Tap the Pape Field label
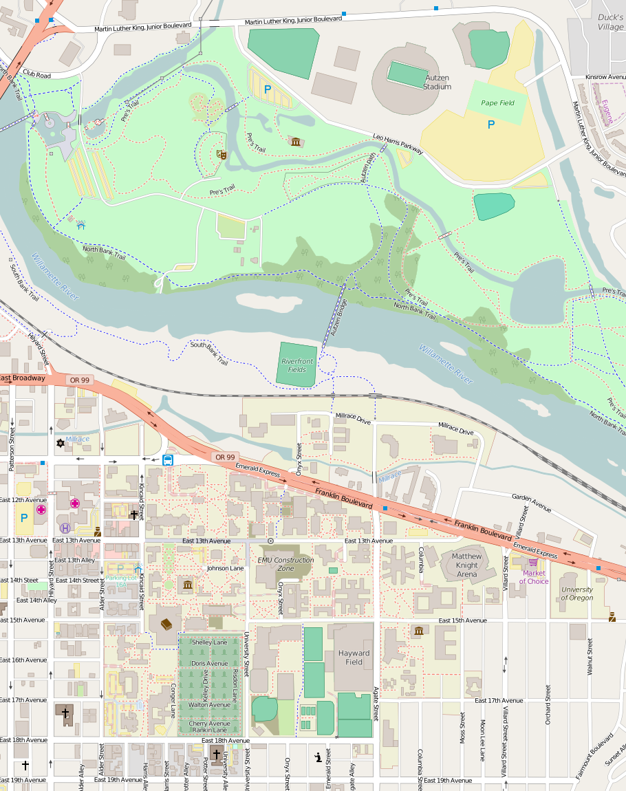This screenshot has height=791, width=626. point(497,103)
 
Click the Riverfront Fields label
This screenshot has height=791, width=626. point(297,365)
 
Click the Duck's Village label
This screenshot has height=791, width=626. point(610,22)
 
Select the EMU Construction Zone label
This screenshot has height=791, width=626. point(285,564)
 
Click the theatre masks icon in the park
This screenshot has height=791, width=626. point(221,154)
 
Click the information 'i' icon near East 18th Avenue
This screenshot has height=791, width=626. point(317,757)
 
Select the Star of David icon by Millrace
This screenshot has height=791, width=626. point(61,444)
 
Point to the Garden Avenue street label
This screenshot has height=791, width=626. point(532,503)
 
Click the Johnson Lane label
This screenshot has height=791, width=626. point(226,569)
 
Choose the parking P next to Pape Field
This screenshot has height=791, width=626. point(491,124)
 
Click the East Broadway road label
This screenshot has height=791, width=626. point(23,378)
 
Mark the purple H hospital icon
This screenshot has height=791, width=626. point(65,528)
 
